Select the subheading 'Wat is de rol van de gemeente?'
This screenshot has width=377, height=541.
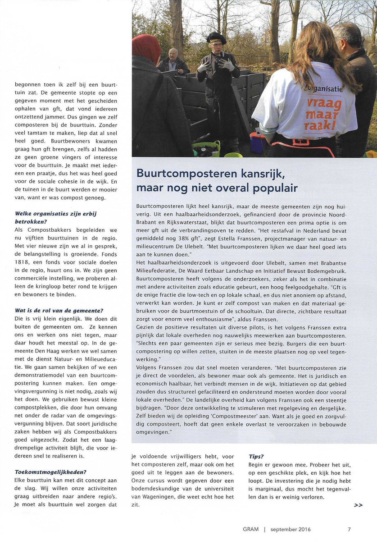click(59, 311)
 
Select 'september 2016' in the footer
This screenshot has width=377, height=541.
click(291, 529)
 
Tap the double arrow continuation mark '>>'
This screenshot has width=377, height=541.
click(358, 505)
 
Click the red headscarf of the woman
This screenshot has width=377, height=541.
click(146, 48)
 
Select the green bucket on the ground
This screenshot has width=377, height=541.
click(206, 148)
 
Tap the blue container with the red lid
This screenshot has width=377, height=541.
click(258, 142)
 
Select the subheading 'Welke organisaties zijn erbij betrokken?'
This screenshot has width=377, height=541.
click(56, 217)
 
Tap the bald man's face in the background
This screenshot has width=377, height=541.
click(173, 55)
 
